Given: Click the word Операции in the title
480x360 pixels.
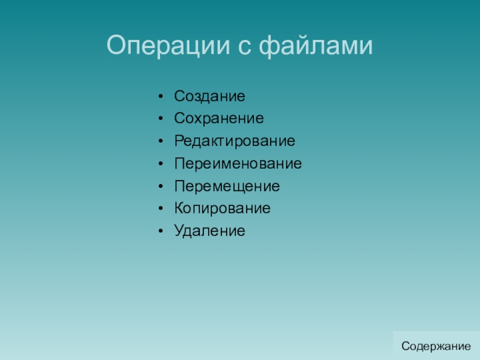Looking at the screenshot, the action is (168, 46).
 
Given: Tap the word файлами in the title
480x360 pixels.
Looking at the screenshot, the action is (316, 46).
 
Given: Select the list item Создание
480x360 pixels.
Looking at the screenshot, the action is (209, 96).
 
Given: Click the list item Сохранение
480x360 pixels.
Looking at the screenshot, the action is (219, 118).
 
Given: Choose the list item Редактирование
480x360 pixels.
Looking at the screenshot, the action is (235, 141).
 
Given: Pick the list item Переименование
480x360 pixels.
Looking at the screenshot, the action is (238, 163).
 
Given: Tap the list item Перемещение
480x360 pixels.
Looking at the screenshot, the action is (227, 186).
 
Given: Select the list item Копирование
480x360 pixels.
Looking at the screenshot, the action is (222, 208).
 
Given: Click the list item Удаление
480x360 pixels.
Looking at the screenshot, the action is (209, 231).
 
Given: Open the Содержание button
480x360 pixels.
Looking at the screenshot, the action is (436, 346).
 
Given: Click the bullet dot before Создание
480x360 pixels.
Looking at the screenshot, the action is (161, 97).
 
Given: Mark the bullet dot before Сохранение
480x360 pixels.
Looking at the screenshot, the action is (161, 119).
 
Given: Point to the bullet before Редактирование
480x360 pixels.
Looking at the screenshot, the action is (161, 141).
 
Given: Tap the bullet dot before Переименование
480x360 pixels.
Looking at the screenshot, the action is (161, 164).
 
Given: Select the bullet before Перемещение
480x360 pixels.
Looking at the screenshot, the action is (161, 186).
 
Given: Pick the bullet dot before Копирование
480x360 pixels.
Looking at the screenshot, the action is (161, 208).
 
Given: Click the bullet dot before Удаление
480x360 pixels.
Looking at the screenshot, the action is (161, 231).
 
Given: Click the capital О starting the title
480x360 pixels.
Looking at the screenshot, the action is (118, 45).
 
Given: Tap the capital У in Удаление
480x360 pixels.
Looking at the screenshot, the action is (179, 231).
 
